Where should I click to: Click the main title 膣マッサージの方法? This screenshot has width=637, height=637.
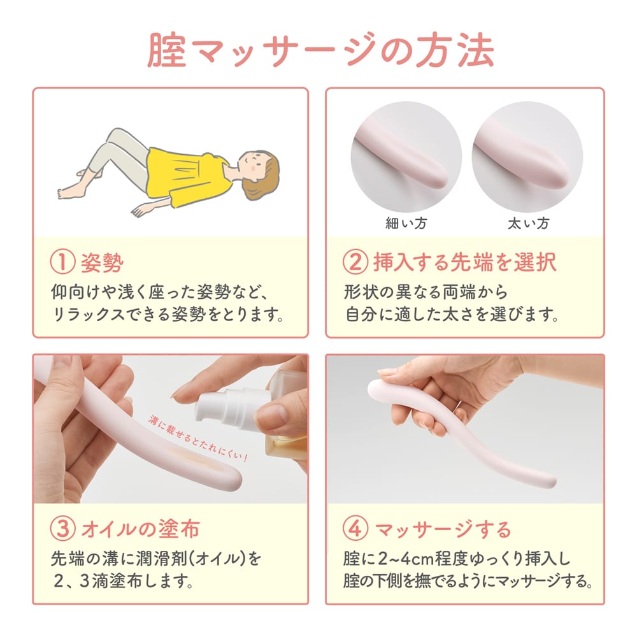pos(320,50)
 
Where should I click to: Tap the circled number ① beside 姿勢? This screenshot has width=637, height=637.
pos(62,262)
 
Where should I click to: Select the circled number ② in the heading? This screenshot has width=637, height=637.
pos(355,262)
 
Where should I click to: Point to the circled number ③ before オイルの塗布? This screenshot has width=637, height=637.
pos(62,529)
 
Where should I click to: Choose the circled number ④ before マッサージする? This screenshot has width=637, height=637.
pos(355,529)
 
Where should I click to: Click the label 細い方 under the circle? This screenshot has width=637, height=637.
pos(406,223)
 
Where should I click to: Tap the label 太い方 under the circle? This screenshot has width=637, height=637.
pos(528,223)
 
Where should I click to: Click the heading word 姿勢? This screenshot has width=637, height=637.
pos(103,262)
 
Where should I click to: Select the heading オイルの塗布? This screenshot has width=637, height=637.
pos(141,529)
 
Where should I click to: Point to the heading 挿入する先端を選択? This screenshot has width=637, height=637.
pos(465,262)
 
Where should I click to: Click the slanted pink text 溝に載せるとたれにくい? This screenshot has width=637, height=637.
pos(198,438)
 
